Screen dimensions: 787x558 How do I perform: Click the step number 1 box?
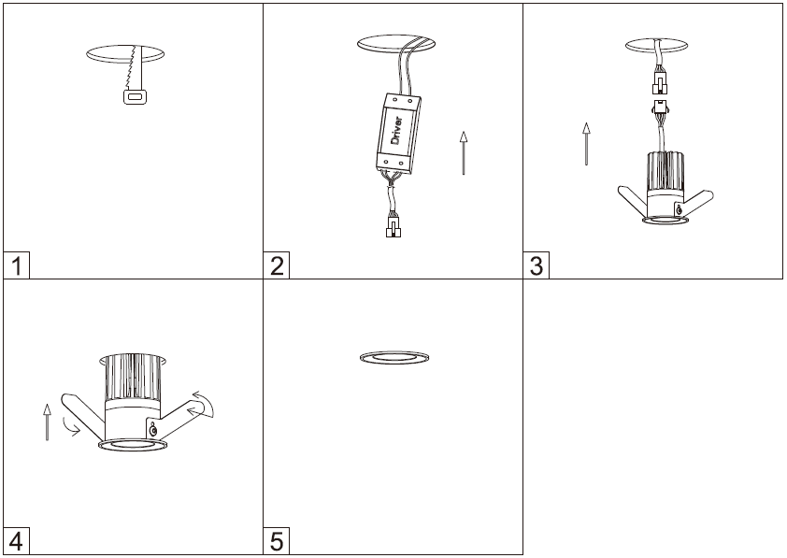pos(16,265)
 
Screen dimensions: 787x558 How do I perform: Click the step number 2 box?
pos(277,265)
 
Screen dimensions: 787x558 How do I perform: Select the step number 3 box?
pos(537,265)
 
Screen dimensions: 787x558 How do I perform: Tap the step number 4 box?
pos(16,541)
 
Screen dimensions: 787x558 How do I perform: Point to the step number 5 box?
pos(277,541)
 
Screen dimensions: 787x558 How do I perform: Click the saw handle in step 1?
pos(135,96)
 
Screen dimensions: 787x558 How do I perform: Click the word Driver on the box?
pos(396,131)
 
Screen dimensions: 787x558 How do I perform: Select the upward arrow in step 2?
pos(464,153)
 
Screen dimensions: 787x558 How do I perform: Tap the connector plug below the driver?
pos(393,225)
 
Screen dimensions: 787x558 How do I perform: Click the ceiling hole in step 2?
pos(396,44)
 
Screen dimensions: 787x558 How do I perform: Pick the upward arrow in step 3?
pos(586,144)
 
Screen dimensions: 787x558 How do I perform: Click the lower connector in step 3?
pos(660,107)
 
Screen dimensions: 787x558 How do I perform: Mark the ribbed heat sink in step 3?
pos(665,171)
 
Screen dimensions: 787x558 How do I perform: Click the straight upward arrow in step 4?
pos(47,422)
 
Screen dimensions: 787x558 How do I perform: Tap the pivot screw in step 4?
pos(153,430)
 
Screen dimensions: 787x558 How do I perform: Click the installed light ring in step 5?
pos(394,357)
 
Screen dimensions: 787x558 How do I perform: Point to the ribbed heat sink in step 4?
pos(133,379)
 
